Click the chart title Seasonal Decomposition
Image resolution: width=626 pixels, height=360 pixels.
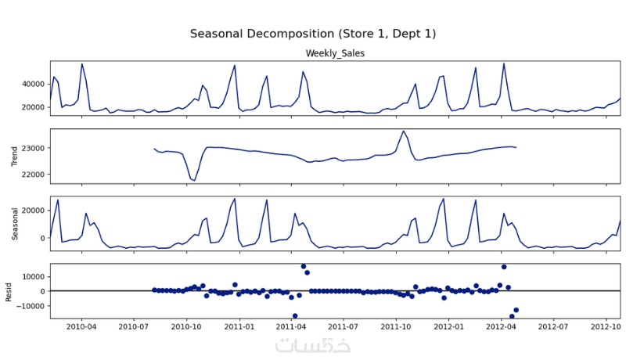[x=313, y=34]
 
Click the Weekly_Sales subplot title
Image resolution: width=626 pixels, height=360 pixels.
[x=335, y=53]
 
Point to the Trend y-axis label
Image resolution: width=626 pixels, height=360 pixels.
[x=13, y=156]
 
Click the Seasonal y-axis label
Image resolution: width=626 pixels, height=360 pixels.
[x=13, y=224]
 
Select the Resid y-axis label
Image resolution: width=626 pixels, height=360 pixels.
[x=9, y=292]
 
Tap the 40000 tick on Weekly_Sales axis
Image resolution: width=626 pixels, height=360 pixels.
[x=33, y=84]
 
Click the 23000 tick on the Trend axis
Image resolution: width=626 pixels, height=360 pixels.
[x=33, y=148]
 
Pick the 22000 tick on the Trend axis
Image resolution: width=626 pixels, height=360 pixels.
[x=33, y=175]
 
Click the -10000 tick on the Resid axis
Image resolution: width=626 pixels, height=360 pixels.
[x=30, y=306]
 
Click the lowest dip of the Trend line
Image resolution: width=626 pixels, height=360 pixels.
[x=194, y=181]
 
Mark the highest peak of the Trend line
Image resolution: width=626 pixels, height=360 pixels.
[x=404, y=131]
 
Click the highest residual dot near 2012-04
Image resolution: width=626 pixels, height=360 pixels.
[x=504, y=267]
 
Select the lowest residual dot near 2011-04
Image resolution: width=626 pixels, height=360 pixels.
[x=295, y=315]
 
